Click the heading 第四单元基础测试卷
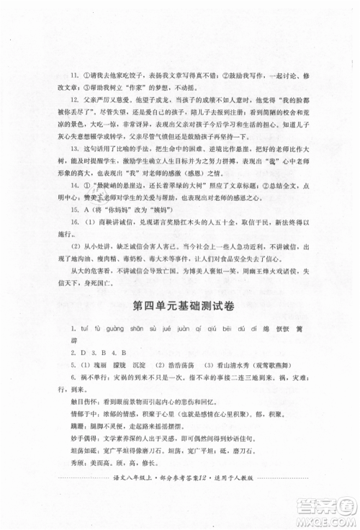pyautogui.click(x=180, y=307)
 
